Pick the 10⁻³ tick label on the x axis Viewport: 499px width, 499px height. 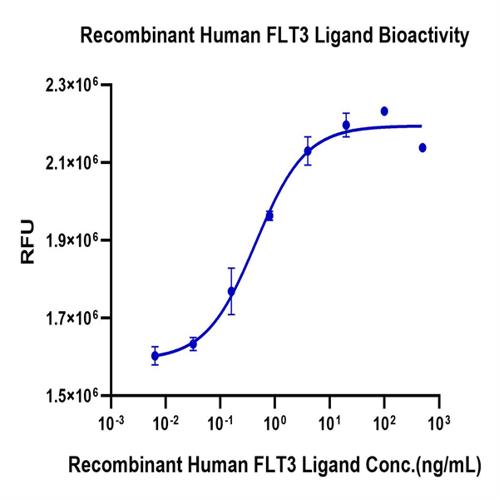pyautogui.click(x=111, y=422)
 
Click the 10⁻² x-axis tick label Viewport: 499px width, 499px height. pyautogui.click(x=166, y=422)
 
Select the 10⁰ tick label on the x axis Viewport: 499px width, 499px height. pyautogui.click(x=275, y=422)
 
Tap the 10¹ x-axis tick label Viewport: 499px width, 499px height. pyautogui.click(x=329, y=422)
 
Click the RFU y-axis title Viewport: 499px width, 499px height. pyautogui.click(x=27, y=240)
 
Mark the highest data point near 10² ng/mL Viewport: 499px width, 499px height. pyautogui.click(x=384, y=111)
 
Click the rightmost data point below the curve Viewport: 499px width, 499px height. pyautogui.click(x=422, y=147)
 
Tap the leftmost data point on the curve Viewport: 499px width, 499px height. pyautogui.click(x=155, y=355)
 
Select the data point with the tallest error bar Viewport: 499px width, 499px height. pyautogui.click(x=231, y=291)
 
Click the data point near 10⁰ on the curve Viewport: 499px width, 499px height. pyautogui.click(x=269, y=215)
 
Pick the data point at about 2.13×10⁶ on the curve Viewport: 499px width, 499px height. pyautogui.click(x=308, y=151)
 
